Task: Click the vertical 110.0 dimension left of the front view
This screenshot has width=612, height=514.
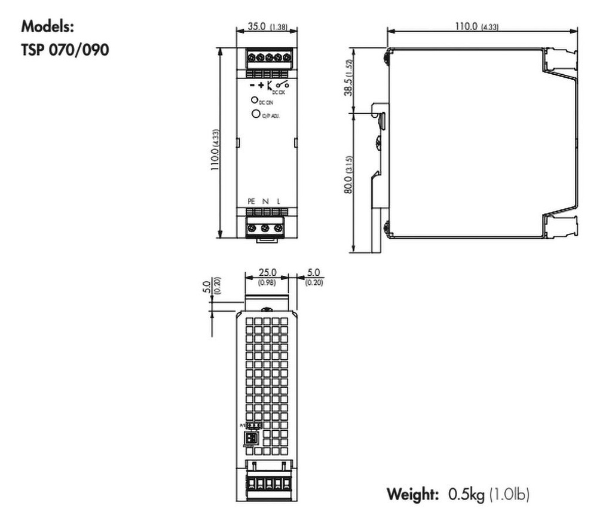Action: click(x=216, y=151)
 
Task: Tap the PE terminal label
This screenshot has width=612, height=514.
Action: click(x=252, y=202)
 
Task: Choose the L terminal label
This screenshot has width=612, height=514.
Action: click(x=279, y=202)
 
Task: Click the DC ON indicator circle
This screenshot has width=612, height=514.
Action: click(x=254, y=101)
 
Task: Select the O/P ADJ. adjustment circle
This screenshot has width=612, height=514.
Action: click(x=255, y=114)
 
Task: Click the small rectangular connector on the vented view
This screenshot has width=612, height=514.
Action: click(x=252, y=438)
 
